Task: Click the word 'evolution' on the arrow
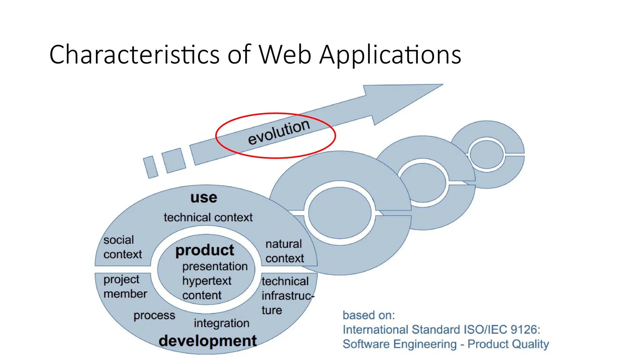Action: point(278,132)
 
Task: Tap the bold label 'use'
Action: point(204,197)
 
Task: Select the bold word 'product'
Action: point(205,250)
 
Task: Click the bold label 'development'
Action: point(207,341)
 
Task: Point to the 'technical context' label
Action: point(208,217)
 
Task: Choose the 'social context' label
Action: point(122,247)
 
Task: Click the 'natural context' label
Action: point(284,251)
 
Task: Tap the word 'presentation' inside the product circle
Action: point(215,266)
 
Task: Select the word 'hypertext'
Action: point(207,281)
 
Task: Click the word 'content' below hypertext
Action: point(202,295)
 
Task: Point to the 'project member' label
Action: point(125,287)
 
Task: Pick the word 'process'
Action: point(154,316)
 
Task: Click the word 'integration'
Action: point(222,323)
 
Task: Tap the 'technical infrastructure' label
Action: point(286,295)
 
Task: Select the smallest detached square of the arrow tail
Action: point(150,167)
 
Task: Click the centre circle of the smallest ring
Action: point(487,154)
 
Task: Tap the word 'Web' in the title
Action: point(285,55)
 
